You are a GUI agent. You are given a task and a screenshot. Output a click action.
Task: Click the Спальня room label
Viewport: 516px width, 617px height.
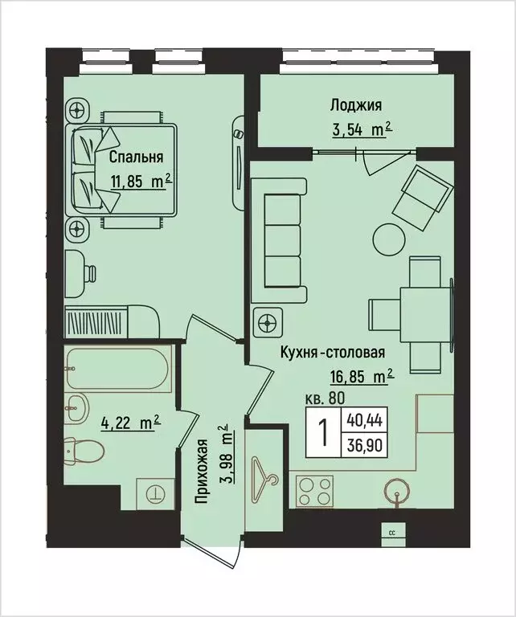click(x=137, y=157)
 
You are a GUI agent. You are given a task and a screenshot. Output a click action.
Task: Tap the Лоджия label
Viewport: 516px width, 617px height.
click(x=354, y=104)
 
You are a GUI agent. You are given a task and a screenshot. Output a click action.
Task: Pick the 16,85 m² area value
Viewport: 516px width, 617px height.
click(x=361, y=374)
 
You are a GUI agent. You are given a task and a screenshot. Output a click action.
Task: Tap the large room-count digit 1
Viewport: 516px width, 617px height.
click(x=324, y=431)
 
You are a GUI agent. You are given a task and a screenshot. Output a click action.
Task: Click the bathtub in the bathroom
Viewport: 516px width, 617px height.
click(x=117, y=368)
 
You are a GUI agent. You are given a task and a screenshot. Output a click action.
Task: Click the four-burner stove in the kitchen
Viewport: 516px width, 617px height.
click(x=314, y=489)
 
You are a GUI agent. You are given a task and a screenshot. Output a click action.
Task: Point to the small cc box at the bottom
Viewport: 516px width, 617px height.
click(x=392, y=532)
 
